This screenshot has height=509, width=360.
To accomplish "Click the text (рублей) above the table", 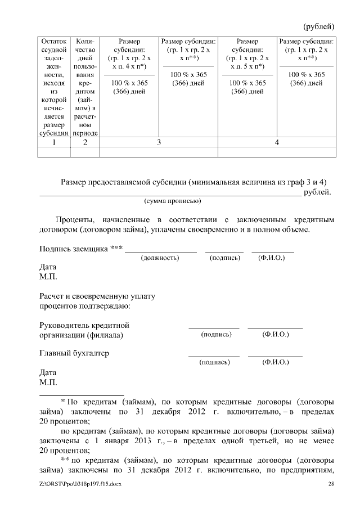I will point(319,26).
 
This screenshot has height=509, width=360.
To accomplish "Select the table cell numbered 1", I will point(53,142).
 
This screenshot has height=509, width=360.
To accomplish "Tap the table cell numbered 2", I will point(85,142).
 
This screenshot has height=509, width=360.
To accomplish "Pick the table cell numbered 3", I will point(159,142).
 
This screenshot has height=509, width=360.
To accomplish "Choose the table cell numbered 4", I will point(277,142).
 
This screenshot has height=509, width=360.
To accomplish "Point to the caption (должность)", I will point(160,258).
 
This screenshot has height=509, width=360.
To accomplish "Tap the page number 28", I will point(331,484).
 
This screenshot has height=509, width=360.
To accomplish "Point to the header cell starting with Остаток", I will point(53,87).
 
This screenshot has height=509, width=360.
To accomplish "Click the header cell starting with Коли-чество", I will point(85,87).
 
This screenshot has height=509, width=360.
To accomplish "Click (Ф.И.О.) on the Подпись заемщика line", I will point(272,258).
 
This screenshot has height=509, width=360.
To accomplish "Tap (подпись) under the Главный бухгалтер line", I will point(214,362).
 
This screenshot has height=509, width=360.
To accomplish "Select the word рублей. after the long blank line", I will point(317,192).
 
